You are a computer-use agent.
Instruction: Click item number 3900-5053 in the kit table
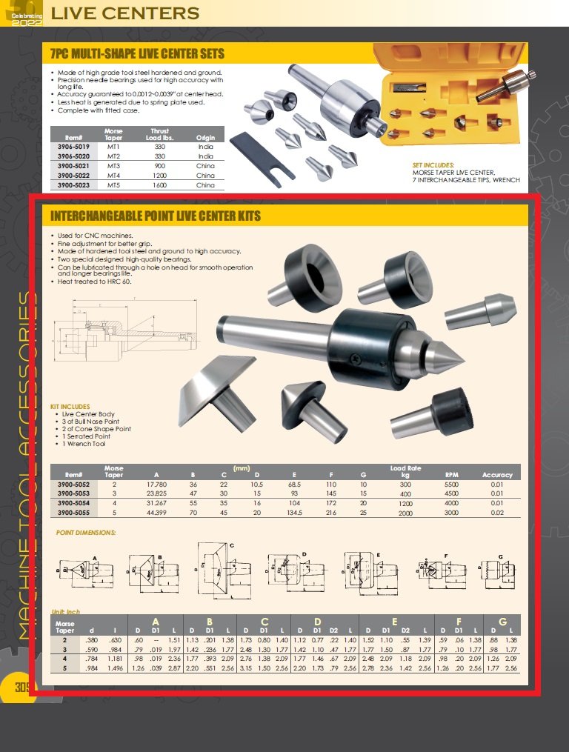click(x=76, y=493)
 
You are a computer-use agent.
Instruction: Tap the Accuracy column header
click(x=497, y=474)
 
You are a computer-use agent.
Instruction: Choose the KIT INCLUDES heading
click(x=70, y=407)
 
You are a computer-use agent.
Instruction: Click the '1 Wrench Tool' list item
click(x=84, y=443)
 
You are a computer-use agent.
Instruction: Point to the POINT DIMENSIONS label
click(x=86, y=533)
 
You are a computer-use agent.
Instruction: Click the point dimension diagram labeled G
click(x=497, y=573)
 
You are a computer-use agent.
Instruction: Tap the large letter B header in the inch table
click(x=209, y=621)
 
